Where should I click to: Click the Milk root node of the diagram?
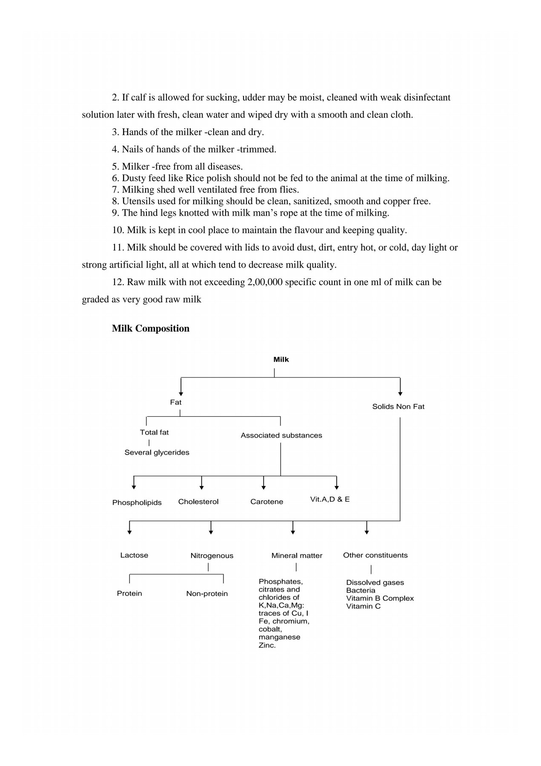[x=281, y=360]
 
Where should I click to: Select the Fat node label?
[x=175, y=402]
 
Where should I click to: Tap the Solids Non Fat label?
[x=398, y=406]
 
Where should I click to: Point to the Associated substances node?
[x=281, y=435]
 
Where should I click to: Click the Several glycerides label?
[x=157, y=452]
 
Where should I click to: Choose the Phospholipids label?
[x=137, y=503]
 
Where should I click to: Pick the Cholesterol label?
[x=198, y=502]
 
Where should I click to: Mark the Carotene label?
[x=266, y=502]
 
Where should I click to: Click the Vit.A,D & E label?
[x=330, y=499]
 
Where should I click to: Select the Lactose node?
[x=134, y=556]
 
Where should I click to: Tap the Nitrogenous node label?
[x=212, y=556]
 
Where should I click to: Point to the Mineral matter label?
[x=297, y=556]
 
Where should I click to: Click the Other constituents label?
[x=375, y=556]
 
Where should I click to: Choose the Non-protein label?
[x=207, y=594]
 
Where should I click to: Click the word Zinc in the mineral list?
[x=267, y=645]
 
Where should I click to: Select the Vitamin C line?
[x=363, y=606]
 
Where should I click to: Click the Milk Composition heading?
[x=151, y=328]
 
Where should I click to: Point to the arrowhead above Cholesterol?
[x=201, y=487]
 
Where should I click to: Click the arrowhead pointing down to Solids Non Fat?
[x=400, y=394]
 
